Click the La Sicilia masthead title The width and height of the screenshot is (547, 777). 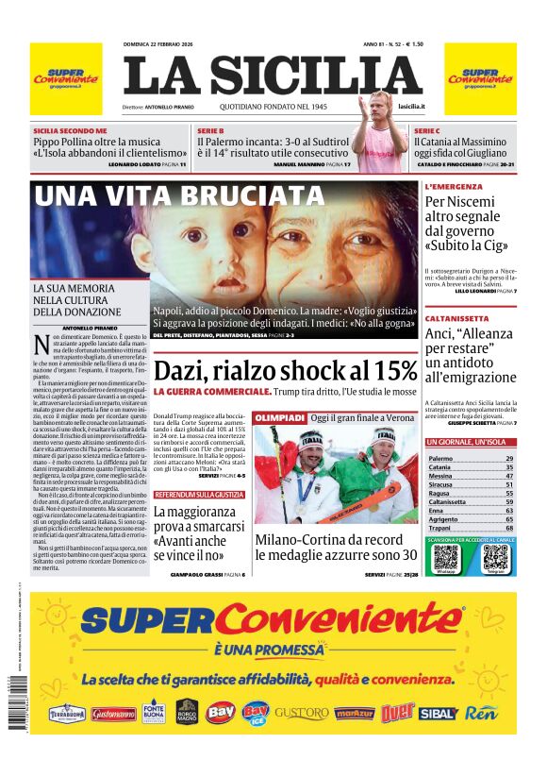pos(273,76)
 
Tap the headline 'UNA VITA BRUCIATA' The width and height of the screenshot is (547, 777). pos(179,196)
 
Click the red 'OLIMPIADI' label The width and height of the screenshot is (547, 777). pos(279,417)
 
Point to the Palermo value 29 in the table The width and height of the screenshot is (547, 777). pos(508,458)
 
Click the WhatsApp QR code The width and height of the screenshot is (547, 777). pos(445,556)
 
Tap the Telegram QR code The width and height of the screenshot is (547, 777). pos(495,556)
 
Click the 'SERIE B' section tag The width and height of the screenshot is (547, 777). pos(210,130)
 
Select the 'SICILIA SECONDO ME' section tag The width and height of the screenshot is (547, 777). pos(70,130)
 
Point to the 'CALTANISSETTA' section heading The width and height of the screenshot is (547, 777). pos(456,319)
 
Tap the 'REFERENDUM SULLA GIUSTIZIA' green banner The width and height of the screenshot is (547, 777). pos(200,494)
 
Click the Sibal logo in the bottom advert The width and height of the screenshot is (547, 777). pos(438,713)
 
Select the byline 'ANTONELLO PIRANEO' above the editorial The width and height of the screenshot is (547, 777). pos(91,328)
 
